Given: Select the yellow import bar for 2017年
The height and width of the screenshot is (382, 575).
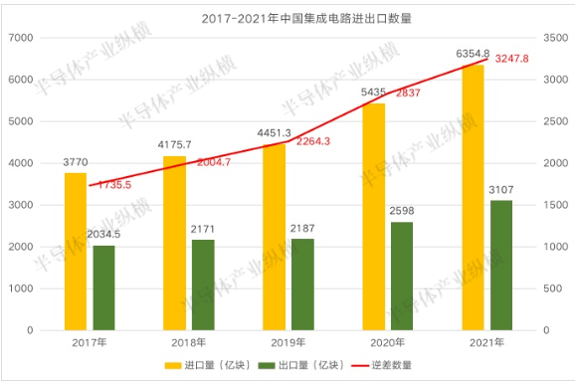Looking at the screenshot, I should (x=76, y=251).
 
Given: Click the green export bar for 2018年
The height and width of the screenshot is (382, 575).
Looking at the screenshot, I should (x=202, y=285).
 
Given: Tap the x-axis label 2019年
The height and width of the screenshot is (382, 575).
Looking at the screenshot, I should (x=288, y=343).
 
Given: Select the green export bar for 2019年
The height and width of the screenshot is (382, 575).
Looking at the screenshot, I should (x=301, y=285).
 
